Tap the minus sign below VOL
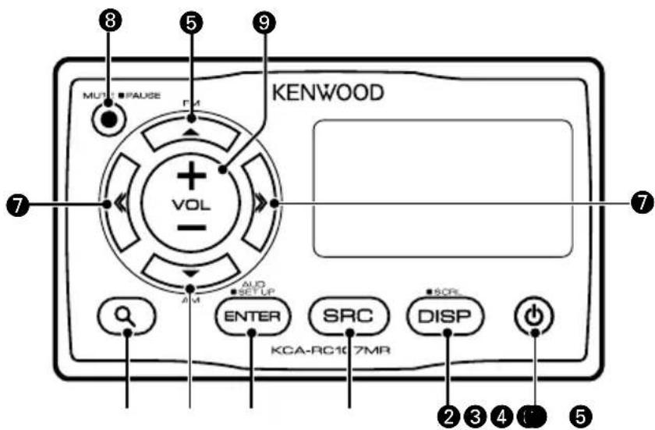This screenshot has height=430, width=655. tap(189, 229)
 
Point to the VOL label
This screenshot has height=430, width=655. tap(189, 204)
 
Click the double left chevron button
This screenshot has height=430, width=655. tap(119, 204)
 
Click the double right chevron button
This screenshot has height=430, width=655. tap(260, 204)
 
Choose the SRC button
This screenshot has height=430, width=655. tap(347, 316)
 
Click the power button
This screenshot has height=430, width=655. tap(535, 317)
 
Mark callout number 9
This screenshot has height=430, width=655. tap(265, 24)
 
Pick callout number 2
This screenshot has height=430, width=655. tap(448, 415)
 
